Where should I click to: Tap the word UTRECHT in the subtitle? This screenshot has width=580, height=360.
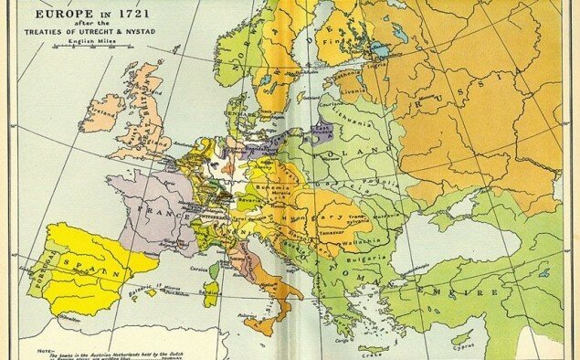tap(92, 34)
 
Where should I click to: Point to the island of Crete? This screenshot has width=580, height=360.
tap(373, 348)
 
